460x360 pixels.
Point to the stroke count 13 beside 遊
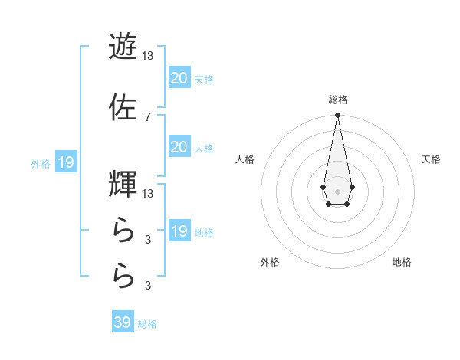click(x=147, y=55)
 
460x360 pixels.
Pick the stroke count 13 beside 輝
click(x=147, y=193)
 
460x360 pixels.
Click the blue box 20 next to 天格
click(x=179, y=78)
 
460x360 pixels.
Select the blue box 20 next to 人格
click(x=179, y=147)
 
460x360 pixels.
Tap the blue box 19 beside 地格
click(x=179, y=231)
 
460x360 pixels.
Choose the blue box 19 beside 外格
click(x=65, y=162)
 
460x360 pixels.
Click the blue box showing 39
click(x=123, y=322)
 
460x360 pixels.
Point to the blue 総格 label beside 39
click(x=148, y=324)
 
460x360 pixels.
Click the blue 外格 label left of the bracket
click(x=41, y=163)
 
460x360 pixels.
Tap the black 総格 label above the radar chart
click(x=338, y=100)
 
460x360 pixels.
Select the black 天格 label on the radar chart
click(x=431, y=159)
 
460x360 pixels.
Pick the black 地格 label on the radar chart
click(x=402, y=262)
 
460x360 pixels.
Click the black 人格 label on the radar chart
click(x=245, y=159)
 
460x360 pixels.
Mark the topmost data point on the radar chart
click(x=337, y=116)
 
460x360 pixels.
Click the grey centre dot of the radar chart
click(x=337, y=190)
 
